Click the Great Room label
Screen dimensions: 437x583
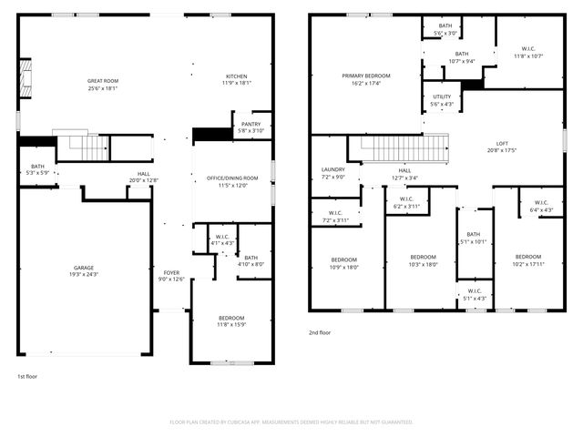[104, 82]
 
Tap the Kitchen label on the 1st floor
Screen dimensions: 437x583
[237, 76]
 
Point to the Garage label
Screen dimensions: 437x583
[84, 268]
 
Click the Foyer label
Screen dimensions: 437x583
[172, 272]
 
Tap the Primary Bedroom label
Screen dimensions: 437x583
[366, 76]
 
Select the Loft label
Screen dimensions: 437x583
[502, 144]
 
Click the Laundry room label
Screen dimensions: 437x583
[333, 169]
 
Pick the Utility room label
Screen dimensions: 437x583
[442, 97]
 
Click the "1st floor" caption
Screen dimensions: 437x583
[28, 376]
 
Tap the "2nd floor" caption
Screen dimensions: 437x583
[320, 332]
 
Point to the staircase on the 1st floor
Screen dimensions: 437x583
[85, 146]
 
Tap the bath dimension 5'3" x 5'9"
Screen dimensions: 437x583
[38, 173]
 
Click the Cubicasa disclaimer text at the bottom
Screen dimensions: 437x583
[291, 422]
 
